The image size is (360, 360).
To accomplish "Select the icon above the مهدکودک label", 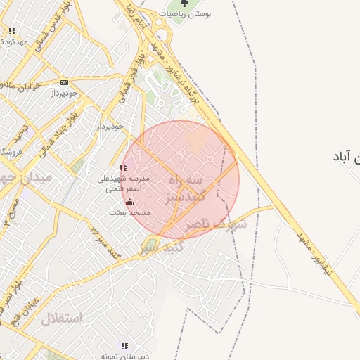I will pyautogui.click(x=12, y=31).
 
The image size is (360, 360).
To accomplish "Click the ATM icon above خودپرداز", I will pyautogui.click(x=65, y=82).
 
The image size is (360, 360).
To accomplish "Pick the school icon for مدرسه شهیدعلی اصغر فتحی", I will pyautogui.click(x=124, y=168).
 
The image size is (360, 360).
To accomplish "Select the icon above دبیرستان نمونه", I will pyautogui.click(x=124, y=346).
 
